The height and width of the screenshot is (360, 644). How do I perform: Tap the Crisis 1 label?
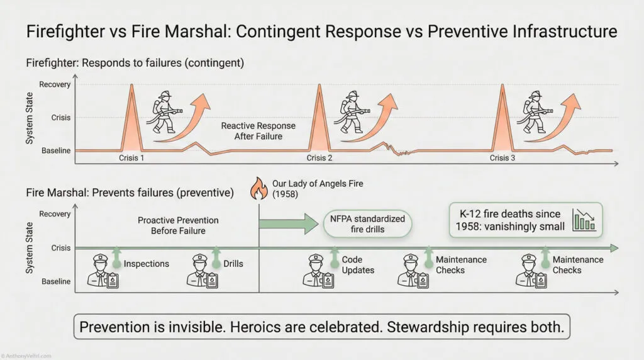[x=132, y=157]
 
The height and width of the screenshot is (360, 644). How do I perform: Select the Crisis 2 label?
[x=319, y=157]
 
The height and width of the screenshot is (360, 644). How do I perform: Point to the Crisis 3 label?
[x=502, y=157]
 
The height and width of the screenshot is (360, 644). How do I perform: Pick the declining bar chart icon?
[x=584, y=220]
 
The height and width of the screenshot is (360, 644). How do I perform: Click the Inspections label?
[x=146, y=263]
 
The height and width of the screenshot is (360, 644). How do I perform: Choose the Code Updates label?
[x=358, y=265]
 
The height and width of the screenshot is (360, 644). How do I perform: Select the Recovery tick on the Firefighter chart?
[x=55, y=84]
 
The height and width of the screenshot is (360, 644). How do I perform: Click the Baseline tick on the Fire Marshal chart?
[x=56, y=281]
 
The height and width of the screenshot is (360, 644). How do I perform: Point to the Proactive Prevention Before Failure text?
[x=178, y=225]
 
